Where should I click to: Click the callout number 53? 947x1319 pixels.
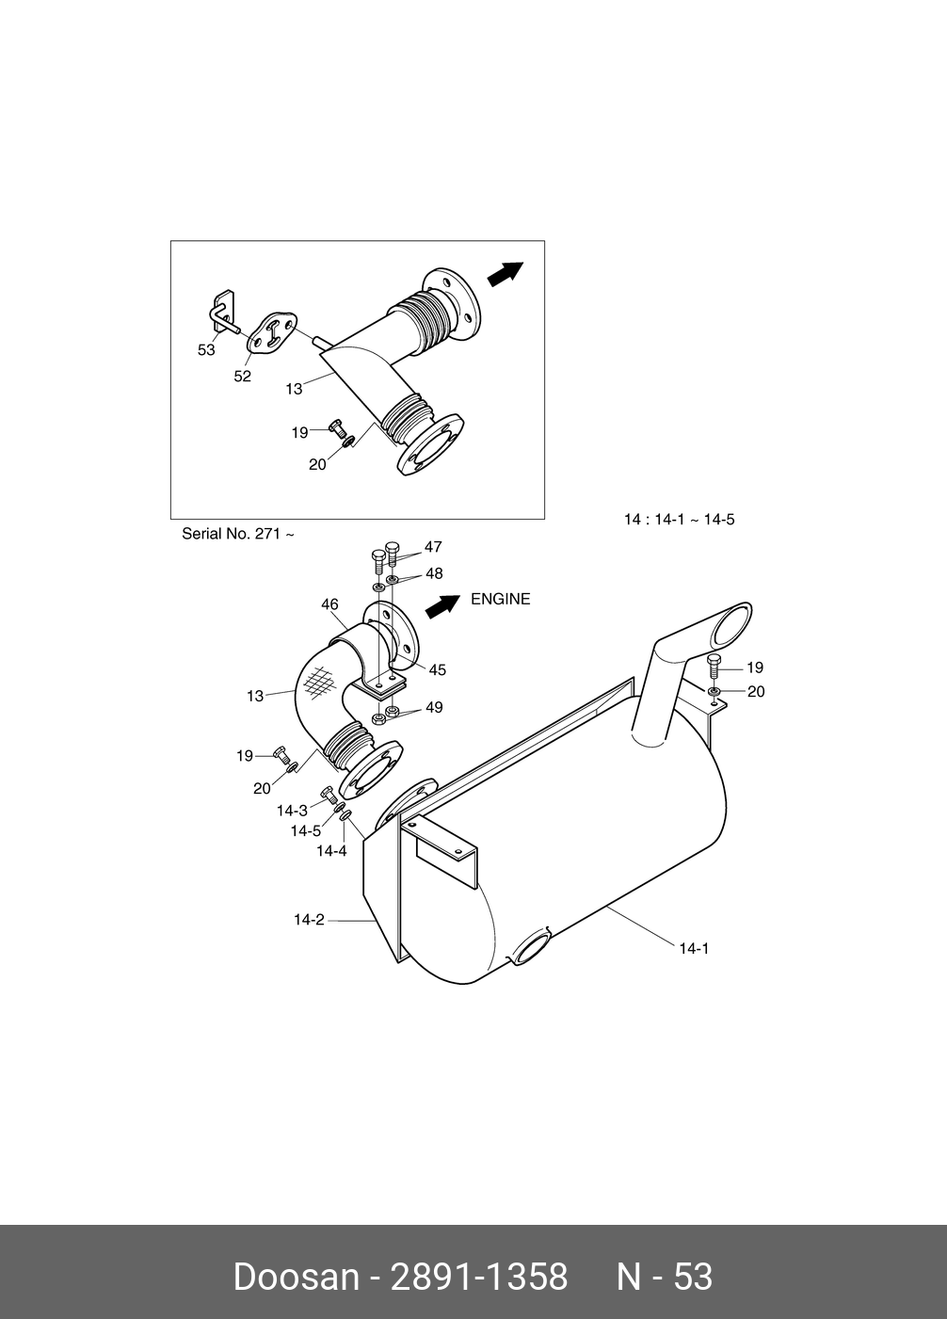point(206,350)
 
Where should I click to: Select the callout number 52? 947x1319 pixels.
point(243,377)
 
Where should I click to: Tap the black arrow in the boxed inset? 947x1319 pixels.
point(505,273)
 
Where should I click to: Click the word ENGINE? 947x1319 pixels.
point(500,600)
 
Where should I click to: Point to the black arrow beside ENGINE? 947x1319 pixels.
point(441,606)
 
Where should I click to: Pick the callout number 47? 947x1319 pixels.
point(433,547)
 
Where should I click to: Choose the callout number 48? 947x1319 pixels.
point(433,573)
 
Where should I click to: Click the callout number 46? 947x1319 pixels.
point(329,605)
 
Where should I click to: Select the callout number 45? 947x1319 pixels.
point(437,670)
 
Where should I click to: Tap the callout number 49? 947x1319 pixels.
point(433,708)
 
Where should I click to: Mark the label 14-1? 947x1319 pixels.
point(694,949)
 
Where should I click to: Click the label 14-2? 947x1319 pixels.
point(309,920)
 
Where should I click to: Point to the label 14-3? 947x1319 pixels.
point(292,811)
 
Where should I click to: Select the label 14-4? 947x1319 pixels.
point(331,851)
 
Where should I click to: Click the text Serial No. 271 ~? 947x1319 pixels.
point(238,534)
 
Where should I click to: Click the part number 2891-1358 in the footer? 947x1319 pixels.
point(479,1278)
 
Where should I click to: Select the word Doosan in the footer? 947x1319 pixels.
point(296,1278)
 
